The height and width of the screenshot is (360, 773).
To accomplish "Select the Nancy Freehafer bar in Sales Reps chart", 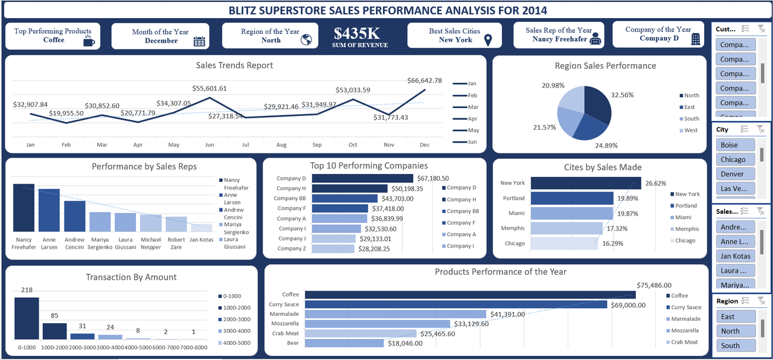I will pos(24,208).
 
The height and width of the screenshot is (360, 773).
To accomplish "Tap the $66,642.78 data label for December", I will pos(424,80).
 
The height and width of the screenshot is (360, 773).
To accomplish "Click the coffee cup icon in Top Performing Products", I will pos(89,40).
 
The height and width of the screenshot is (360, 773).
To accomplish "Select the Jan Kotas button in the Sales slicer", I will pos(735,256).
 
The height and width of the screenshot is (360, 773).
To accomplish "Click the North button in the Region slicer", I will pos(735,331).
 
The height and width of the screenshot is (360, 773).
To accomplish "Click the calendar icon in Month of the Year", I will pos(199,41).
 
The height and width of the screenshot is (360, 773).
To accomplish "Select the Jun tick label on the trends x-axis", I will pos(210,145).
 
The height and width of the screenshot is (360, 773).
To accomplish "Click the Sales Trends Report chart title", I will pos(234,65).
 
